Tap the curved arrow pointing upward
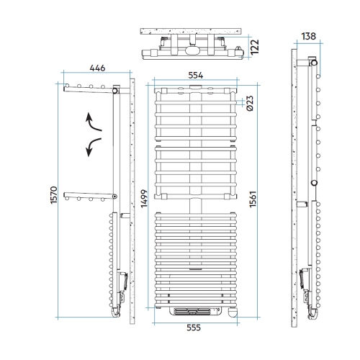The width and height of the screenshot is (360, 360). (94, 122)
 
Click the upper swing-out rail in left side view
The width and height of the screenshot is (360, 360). (86, 90)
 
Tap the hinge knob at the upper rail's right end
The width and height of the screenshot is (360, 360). (115, 91)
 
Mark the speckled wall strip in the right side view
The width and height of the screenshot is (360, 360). (294, 194)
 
